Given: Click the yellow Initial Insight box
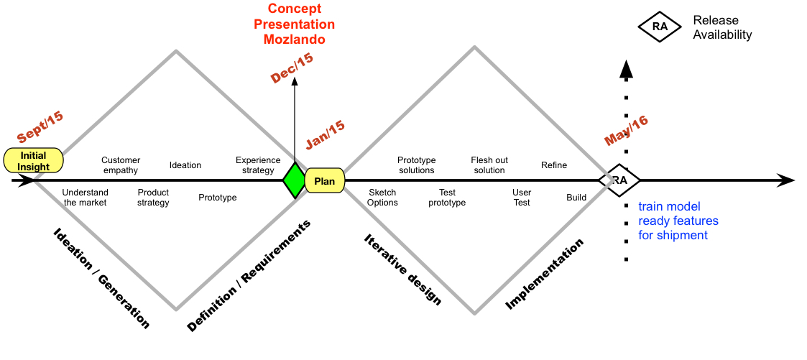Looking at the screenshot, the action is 34,160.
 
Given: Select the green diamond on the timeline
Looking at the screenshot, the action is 295,180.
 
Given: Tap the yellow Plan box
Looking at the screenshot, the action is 325,180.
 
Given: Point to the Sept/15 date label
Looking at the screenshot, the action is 40,126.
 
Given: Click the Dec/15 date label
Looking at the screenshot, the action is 292,68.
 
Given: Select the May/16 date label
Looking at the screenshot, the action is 626,130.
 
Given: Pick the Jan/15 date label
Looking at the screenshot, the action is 326,135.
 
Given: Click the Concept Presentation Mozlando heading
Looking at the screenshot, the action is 295,24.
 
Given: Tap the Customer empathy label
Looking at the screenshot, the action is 121,165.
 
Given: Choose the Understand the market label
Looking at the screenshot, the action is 84,198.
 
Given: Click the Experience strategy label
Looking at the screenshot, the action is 258,165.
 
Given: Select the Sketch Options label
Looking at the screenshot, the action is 382,198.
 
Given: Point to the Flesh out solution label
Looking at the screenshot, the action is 489,165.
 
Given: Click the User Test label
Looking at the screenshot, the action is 522,198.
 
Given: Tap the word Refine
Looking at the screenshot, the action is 554,165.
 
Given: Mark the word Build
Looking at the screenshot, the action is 576,198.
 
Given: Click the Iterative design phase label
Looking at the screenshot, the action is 402,269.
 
